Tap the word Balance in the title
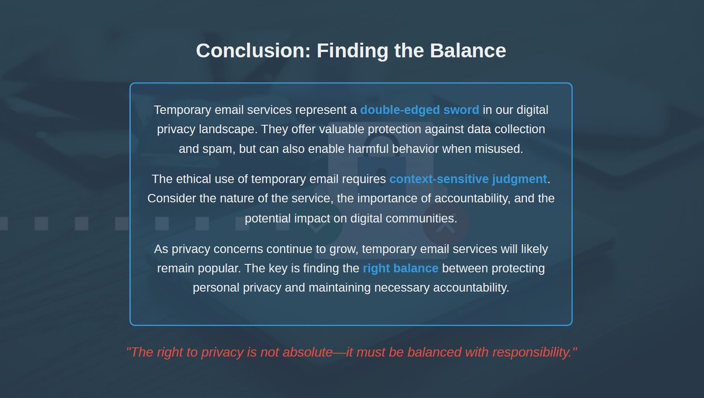coord(468,51)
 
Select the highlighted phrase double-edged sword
coord(420,110)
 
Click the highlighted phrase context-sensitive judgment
coord(468,179)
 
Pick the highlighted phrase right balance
coord(400,268)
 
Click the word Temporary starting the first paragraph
coord(183,110)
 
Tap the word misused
coord(499,149)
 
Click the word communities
coord(421,218)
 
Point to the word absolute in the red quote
coord(308,352)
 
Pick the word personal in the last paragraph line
coord(216,288)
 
